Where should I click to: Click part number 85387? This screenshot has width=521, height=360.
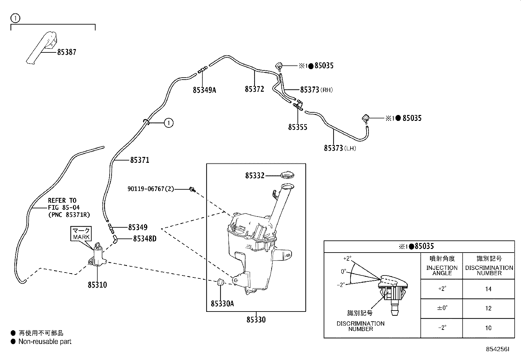coord(66,52)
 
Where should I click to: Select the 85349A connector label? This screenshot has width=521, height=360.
coord(204,90)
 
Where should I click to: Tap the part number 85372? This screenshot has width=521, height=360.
coord(254,89)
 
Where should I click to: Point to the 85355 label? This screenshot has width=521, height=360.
coord(297,127)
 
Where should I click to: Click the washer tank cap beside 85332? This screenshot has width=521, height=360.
coord(288,175)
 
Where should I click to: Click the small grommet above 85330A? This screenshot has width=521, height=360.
coord(221,282)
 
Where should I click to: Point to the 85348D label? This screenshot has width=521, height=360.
coord(145,239)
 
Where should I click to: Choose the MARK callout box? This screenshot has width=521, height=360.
coord(81,234)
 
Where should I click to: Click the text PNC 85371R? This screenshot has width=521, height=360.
coord(69,215)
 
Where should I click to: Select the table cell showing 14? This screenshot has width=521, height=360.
coord(488,289)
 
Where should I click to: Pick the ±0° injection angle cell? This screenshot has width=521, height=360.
coord(441,308)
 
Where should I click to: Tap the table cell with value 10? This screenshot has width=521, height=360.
coord(488,328)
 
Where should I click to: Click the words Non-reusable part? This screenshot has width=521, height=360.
coord(45,342)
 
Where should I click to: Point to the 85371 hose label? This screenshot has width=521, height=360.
coord(140,160)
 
